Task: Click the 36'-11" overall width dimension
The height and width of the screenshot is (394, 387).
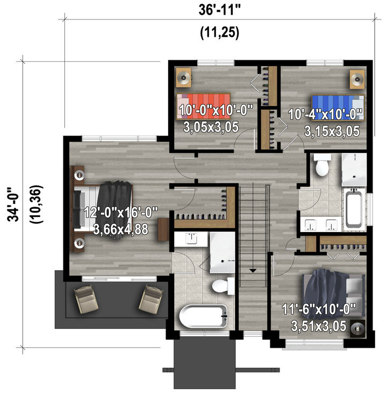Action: click(219, 10)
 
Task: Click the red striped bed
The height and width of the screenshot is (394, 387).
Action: click(203, 106)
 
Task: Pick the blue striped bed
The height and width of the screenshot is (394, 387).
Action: click(338, 108)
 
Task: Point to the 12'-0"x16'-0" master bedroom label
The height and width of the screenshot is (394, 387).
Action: click(121, 213)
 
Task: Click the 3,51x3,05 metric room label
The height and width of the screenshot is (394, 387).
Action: click(319, 326)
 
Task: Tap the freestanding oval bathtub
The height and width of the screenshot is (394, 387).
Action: click(203, 316)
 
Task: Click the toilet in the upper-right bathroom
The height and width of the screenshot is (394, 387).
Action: click(322, 165)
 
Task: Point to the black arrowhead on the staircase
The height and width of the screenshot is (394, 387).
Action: click(253, 271)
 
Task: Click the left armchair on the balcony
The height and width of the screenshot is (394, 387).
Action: click(86, 299)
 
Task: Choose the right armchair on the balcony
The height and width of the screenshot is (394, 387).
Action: click(151, 299)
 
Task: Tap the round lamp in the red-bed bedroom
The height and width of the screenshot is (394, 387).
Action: click(183, 78)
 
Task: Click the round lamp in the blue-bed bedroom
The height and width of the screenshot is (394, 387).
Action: click(357, 79)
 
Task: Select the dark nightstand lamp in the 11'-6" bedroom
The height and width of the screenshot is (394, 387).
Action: click(357, 328)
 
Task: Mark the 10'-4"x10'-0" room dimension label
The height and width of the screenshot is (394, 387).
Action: click(325, 115)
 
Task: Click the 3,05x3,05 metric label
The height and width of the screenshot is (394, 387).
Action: click(211, 127)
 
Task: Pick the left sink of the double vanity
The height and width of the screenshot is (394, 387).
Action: click(310, 224)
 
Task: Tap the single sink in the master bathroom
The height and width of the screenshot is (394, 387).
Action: click(191, 238)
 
